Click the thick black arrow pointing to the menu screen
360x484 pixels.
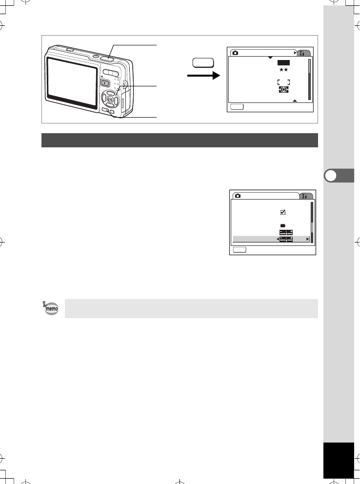[200, 76]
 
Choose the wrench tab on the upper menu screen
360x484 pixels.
[305, 53]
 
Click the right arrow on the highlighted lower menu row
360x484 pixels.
[307, 239]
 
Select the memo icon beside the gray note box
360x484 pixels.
[50, 308]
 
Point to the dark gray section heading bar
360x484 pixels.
[180, 140]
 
